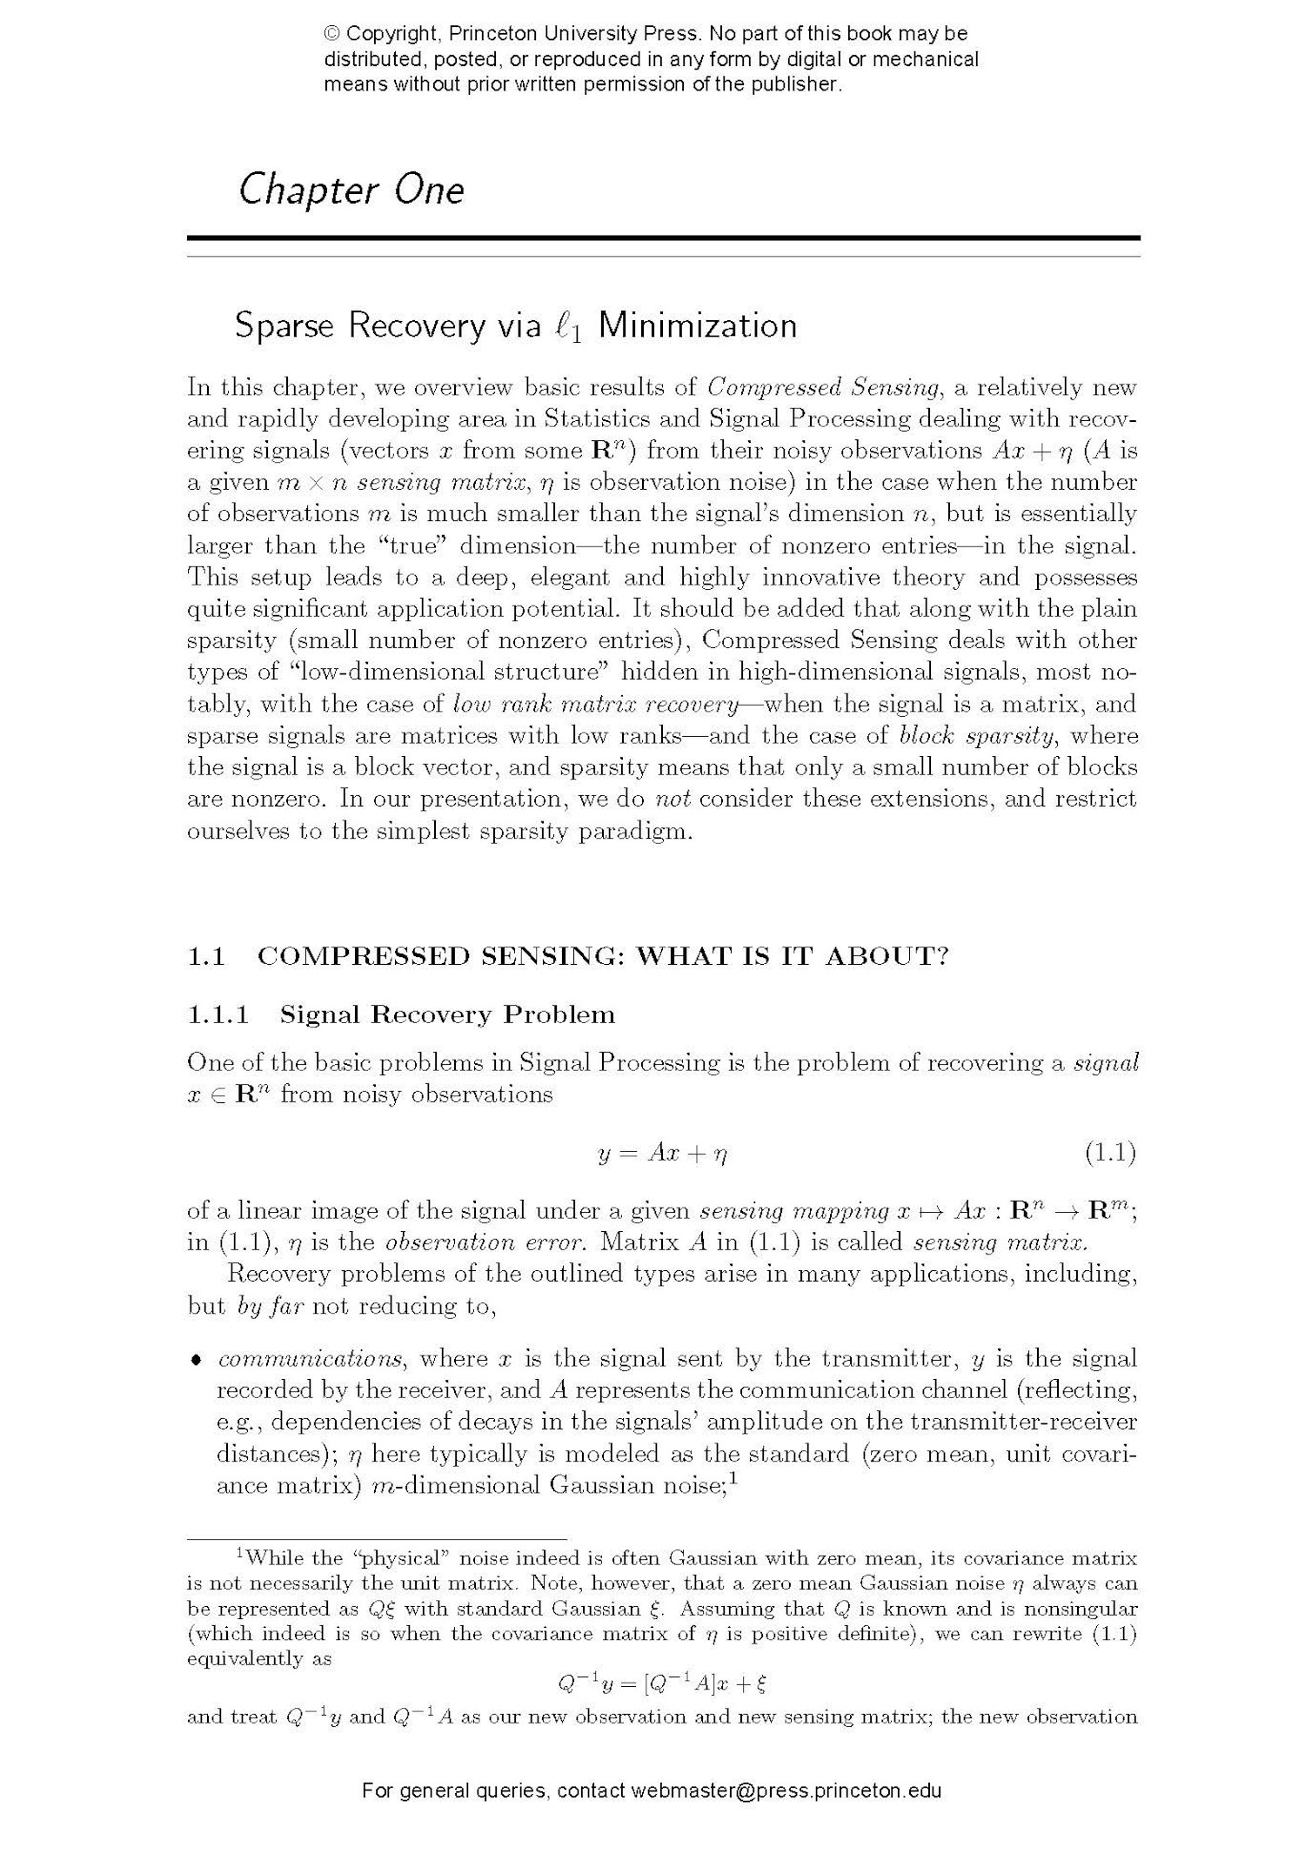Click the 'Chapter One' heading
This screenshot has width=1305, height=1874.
click(x=351, y=190)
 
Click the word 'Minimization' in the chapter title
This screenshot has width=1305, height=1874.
click(x=697, y=325)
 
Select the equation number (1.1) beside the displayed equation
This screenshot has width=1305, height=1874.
click(x=1110, y=1154)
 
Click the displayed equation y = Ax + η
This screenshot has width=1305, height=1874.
click(x=662, y=1155)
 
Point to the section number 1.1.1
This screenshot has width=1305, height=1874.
click(x=218, y=1014)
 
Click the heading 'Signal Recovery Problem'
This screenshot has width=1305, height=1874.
click(x=447, y=1014)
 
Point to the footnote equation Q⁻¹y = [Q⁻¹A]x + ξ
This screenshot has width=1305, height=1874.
click(x=661, y=1684)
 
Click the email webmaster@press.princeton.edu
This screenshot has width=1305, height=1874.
click(x=786, y=1790)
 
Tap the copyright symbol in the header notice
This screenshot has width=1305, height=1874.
click(x=332, y=34)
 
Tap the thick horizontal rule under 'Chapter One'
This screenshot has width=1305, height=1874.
click(x=663, y=238)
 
